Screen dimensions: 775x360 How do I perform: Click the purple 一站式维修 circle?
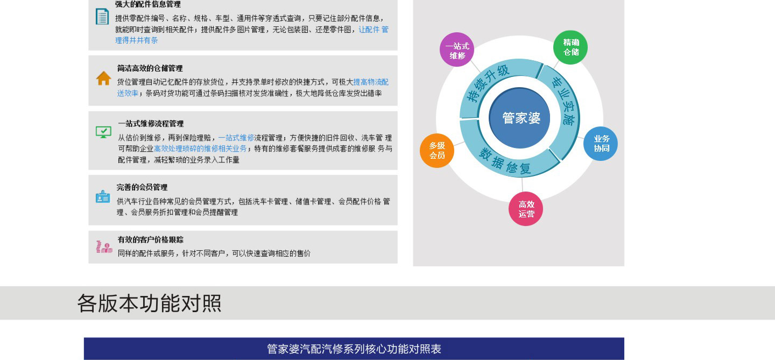coord(457,50)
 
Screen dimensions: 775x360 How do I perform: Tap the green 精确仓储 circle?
coord(570,47)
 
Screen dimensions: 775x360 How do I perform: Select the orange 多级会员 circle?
coord(437,151)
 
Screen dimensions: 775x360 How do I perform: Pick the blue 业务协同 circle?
coord(601,144)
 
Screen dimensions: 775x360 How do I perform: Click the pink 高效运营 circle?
coord(526,209)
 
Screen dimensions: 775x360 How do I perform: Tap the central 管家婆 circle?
coord(519,118)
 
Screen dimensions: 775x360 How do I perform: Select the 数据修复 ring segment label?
coord(505,161)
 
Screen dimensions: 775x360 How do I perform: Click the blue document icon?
coord(102,17)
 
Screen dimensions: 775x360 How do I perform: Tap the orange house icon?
coord(103,78)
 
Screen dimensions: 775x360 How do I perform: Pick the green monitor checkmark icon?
coord(103,132)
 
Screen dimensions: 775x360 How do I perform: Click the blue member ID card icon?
coord(103,197)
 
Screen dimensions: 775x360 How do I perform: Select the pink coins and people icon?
coord(104,247)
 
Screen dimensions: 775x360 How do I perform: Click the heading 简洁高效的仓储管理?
coord(150,68)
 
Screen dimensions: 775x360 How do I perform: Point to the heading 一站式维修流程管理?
coord(151,123)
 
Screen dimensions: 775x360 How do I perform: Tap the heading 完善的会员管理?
coord(142,187)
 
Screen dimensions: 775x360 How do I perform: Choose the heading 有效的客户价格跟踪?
coord(151,239)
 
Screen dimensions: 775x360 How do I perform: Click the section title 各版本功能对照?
coord(149,303)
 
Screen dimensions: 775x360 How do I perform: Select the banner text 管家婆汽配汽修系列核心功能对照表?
coord(354,349)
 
